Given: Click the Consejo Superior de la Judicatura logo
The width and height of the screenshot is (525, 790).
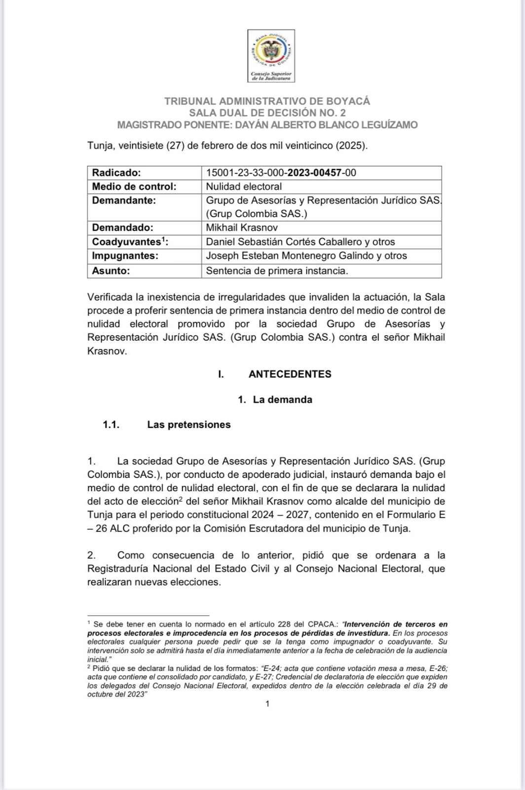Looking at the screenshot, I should [271, 55].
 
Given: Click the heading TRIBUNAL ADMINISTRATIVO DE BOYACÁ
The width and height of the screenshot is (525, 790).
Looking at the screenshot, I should [267, 101].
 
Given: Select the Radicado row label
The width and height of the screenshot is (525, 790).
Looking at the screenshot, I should [116, 173].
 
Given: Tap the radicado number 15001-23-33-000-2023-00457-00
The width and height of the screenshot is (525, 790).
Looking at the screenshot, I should [281, 173].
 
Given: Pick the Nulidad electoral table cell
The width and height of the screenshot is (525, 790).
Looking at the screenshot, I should [244, 187].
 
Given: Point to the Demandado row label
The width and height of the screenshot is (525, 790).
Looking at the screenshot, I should [122, 228].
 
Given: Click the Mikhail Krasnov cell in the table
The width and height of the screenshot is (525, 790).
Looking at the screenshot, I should [242, 228].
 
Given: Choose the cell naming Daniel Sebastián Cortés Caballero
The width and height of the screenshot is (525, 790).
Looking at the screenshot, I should [300, 242].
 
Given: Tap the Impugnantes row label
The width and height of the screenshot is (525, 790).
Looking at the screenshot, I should [125, 256].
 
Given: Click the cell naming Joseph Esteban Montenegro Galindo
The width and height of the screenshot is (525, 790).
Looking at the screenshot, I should [306, 256].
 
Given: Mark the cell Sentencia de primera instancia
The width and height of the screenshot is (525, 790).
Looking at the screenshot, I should [277, 271].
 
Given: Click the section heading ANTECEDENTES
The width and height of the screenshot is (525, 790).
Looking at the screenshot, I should [290, 374].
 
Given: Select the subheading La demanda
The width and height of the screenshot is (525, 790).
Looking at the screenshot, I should [282, 399].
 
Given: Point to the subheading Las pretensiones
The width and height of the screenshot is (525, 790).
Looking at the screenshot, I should [188, 425].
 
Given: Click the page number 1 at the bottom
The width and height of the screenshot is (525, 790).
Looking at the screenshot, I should [267, 704].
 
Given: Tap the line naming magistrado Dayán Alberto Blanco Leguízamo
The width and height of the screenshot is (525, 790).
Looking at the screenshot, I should [267, 125].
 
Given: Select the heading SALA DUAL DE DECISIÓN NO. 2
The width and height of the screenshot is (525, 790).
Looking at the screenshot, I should [267, 113].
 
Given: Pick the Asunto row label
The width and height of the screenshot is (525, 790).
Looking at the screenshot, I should [111, 271].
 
